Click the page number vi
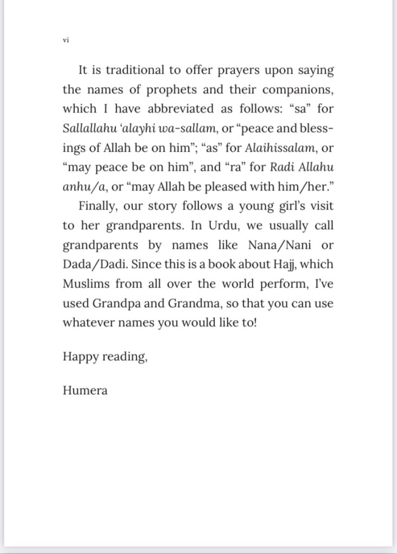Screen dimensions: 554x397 click(x=66, y=40)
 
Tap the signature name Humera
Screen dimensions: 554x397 click(x=85, y=390)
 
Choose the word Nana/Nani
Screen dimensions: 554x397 click(x=277, y=245)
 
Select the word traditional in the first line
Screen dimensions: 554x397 click(x=133, y=70)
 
